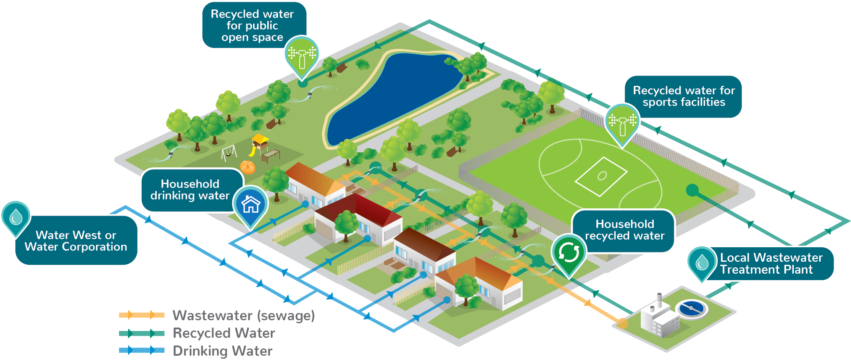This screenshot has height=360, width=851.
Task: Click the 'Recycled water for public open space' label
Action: click(x=252, y=26)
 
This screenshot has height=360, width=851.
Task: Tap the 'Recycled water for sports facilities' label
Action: click(x=683, y=97)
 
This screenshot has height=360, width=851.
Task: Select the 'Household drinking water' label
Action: click(x=190, y=190)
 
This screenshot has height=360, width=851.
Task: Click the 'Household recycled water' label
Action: click(x=624, y=230)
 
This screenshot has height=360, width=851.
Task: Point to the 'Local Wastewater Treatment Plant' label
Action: click(x=771, y=263)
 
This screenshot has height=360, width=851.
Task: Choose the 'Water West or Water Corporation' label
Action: click(x=76, y=241)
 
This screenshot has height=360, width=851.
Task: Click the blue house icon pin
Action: click(x=251, y=204)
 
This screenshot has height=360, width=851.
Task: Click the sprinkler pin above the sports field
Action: click(x=622, y=122)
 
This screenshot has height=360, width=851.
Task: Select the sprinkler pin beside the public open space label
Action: click(x=302, y=55)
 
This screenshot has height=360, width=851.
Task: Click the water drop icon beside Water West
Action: click(x=16, y=217)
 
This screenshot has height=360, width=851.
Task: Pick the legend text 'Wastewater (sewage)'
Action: click(x=243, y=316)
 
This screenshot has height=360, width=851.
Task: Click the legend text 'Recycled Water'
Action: click(x=224, y=333)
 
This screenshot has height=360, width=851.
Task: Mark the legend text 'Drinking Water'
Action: click(x=222, y=351)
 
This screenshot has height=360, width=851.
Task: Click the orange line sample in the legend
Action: click(x=141, y=316)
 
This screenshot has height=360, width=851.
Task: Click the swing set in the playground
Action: click(x=229, y=152)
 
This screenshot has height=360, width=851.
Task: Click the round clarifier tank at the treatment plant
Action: click(x=691, y=308)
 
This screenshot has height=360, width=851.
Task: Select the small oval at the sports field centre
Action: click(x=602, y=176)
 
